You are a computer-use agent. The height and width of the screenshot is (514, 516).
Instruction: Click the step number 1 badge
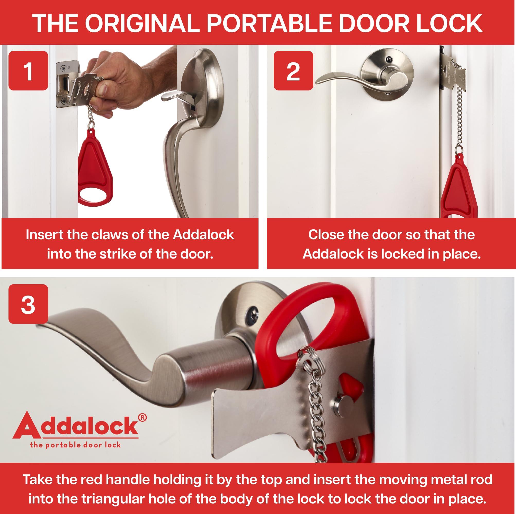(x=28, y=70)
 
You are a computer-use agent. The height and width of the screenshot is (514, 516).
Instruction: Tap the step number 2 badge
(x=293, y=70)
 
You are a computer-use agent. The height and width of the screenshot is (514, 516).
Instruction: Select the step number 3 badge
(x=28, y=304)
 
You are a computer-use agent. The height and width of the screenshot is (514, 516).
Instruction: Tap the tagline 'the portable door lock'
(x=76, y=445)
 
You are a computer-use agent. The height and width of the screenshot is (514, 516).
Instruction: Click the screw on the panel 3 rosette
(x=252, y=311)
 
